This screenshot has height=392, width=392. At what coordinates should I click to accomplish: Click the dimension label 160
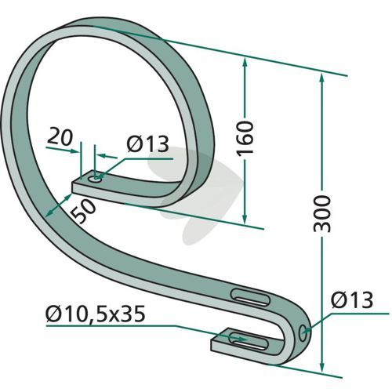tap(245, 138)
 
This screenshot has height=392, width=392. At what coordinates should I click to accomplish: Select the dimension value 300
tap(322, 213)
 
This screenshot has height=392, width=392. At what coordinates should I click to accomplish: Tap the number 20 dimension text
tap(60, 137)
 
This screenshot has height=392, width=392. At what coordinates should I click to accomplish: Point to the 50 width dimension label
tap(84, 212)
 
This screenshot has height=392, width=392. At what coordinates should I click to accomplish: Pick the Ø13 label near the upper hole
tap(147, 144)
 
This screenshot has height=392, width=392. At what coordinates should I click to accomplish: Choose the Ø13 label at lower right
tap(352, 300)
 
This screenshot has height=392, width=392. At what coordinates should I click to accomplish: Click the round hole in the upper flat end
tap(95, 180)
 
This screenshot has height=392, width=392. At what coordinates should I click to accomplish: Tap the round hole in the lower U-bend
tap(303, 332)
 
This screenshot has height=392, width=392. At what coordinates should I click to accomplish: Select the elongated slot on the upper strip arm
tap(250, 297)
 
